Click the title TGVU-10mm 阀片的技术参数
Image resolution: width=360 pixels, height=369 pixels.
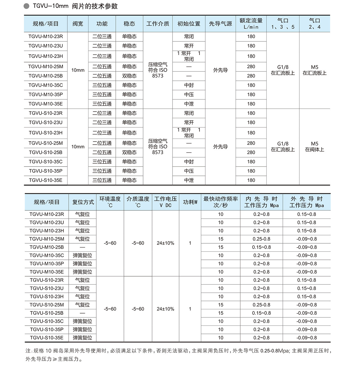[75, 6]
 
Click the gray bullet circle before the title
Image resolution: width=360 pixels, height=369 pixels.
[27, 6]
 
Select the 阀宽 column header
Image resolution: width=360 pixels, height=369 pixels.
[78, 24]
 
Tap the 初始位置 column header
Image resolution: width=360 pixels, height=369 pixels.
[189, 24]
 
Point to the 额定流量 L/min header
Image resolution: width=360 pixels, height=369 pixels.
[251, 24]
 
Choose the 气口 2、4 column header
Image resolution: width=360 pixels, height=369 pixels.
[314, 24]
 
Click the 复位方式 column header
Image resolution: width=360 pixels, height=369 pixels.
[83, 202]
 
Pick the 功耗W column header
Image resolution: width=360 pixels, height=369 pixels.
[190, 202]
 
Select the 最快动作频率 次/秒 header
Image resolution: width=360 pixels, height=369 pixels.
[220, 202]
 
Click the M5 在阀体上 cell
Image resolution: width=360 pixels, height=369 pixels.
[314, 147]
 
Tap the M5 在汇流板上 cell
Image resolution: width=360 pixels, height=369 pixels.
[314, 70]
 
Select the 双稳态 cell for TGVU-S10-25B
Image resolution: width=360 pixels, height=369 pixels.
[129, 152]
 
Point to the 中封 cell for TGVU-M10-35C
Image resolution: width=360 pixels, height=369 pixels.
[189, 85]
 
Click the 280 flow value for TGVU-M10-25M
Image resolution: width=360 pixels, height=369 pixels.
[251, 67]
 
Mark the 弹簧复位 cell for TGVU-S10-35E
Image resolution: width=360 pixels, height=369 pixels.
[82, 338]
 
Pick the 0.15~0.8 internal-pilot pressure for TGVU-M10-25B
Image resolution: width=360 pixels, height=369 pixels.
[261, 247]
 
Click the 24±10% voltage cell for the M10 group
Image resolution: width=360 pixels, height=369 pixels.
[165, 243]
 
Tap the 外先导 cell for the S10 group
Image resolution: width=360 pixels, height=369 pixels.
[220, 147]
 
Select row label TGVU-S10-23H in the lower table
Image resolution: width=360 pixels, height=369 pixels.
[47, 296]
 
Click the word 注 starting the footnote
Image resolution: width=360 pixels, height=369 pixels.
[28, 351]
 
